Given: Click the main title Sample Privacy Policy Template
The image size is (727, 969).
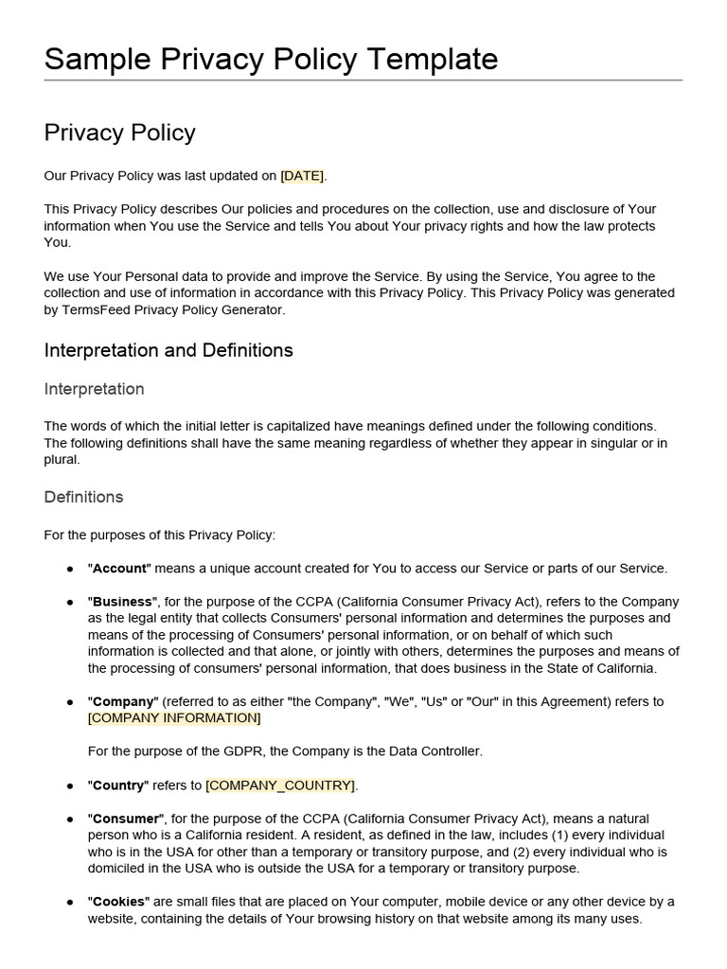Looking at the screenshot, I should tap(271, 59).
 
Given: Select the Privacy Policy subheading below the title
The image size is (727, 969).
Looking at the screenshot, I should tap(119, 132).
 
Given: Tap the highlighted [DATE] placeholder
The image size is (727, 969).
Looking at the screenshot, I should tap(302, 176).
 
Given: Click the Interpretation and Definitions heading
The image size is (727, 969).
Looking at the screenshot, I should tap(168, 350).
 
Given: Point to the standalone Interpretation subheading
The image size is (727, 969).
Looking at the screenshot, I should tap(94, 389).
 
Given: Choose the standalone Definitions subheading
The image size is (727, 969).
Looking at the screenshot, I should tap(83, 497).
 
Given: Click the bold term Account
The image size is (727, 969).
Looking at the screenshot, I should tap(119, 569).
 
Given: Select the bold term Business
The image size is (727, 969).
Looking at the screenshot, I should tap(122, 602).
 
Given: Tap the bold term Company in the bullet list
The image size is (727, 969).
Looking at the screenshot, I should tap(122, 701).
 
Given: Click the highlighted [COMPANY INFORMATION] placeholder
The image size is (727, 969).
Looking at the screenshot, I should tap(174, 718).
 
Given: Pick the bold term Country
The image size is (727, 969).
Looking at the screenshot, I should tap(118, 785).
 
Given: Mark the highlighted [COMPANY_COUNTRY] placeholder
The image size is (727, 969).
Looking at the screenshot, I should tap(281, 785).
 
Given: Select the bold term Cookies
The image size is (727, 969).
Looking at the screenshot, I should tap(119, 902).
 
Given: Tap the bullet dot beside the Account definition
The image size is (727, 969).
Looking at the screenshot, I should tap(70, 570).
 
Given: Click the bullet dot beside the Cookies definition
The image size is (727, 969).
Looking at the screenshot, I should tap(70, 903).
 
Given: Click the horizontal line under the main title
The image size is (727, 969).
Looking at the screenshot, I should tap(363, 80).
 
